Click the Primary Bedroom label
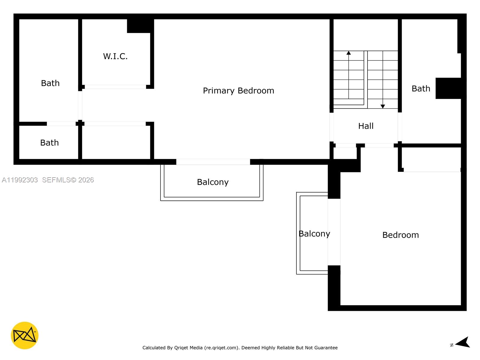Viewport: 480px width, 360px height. click(x=238, y=91)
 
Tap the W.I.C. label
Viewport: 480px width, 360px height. click(x=115, y=56)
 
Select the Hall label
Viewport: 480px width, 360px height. click(x=366, y=126)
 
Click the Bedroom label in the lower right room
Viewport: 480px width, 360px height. click(x=400, y=235)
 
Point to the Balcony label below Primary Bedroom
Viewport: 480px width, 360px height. click(x=213, y=182)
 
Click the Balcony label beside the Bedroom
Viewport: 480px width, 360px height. click(x=314, y=234)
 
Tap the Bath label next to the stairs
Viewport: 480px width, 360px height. click(x=421, y=88)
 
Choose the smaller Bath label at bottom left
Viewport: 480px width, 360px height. click(x=49, y=142)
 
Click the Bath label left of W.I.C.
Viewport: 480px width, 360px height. click(x=50, y=83)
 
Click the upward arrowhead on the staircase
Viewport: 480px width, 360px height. click(x=349, y=53)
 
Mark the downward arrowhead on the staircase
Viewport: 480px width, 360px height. click(x=382, y=106)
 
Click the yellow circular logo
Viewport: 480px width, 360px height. click(x=25, y=335)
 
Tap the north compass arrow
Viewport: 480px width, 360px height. click(x=463, y=342)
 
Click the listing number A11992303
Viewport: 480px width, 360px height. click(x=20, y=180)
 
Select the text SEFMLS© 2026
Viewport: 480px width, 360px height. click(x=68, y=180)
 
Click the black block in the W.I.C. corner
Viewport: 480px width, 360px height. click(x=139, y=26)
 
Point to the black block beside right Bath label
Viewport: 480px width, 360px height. click(x=448, y=88)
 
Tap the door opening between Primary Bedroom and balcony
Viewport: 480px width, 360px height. click(x=213, y=162)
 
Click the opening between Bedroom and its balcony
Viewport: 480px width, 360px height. click(x=334, y=232)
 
